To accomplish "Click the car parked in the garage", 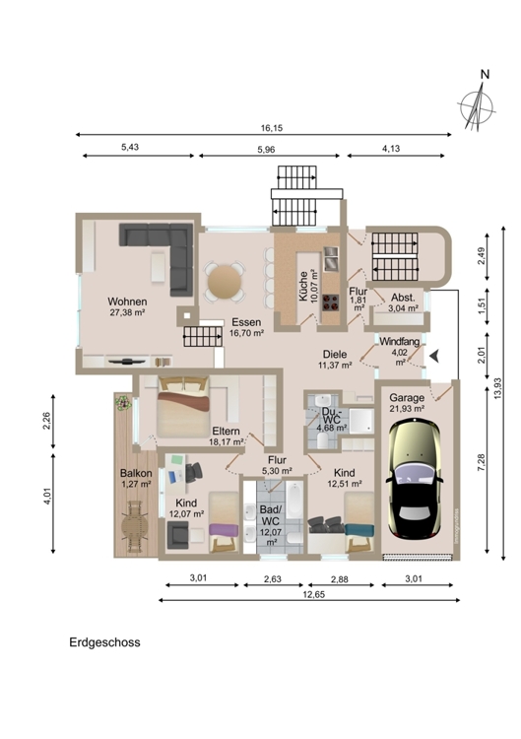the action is (414, 479).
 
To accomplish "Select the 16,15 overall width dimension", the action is (272, 128).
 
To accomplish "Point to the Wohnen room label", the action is (127, 302).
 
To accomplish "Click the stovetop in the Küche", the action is (331, 302).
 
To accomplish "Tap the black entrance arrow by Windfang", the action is (434, 356).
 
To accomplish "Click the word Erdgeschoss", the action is (104, 642).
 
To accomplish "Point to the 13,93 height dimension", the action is (498, 389).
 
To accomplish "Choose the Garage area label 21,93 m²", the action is (407, 409).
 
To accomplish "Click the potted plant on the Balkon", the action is (123, 403).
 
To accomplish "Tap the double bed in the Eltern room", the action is (183, 406).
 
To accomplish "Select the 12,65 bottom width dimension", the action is (313, 595).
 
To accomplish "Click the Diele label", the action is (335, 354).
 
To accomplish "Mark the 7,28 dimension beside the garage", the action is (481, 462).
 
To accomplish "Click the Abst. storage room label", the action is (403, 298).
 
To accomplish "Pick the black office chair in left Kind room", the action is (194, 472).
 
